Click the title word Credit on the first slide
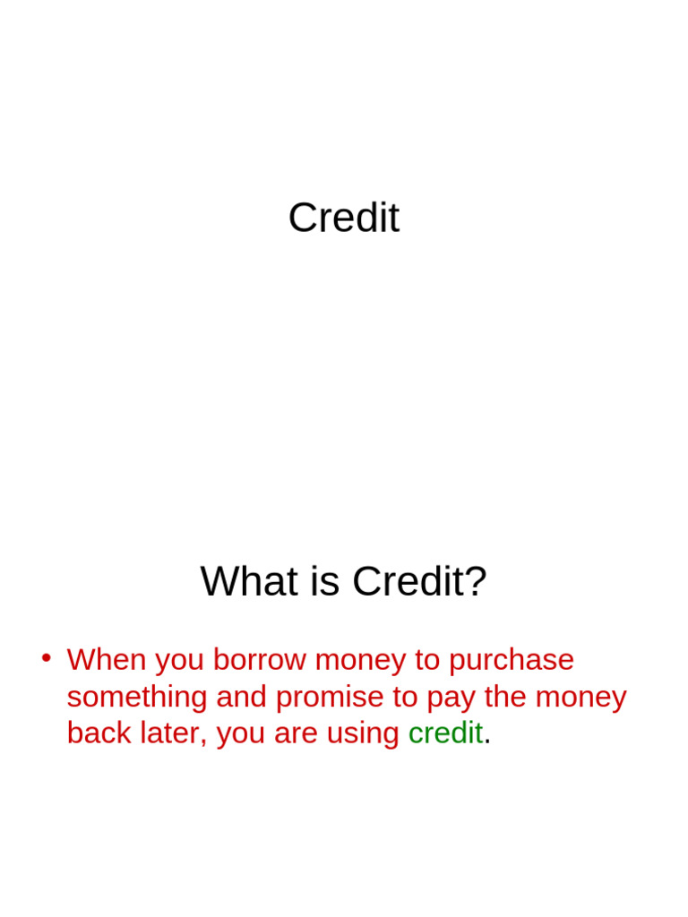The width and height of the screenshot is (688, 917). coord(344,218)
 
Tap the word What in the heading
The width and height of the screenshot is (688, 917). coord(249,581)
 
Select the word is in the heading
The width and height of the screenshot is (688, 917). coord(324,581)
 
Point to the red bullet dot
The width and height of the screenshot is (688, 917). coord(47,658)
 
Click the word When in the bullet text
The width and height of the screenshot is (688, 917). coord(107,660)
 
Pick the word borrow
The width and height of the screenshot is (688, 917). coord(259,660)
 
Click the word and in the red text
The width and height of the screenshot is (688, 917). coord(242,697)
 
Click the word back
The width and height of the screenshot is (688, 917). coord(99,733)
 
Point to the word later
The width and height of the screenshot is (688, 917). coord(173,734)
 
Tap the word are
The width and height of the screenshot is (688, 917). coord(296,736)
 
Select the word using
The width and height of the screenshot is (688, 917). coord(363,735)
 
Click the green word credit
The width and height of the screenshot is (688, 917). coord(445,733)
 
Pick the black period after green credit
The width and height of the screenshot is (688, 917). coord(487,743)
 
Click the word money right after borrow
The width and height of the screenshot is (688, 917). coord(360,662)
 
